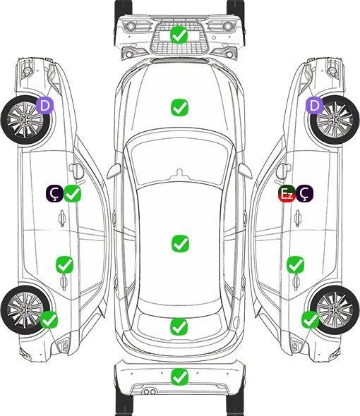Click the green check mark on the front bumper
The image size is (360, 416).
(x=179, y=35)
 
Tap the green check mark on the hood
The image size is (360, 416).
(x=179, y=107)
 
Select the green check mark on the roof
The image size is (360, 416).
(x=180, y=243)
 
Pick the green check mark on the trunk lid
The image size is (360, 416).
(x=179, y=326)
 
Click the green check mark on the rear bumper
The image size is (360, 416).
(x=179, y=377)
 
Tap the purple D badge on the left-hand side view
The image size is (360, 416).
(x=45, y=105)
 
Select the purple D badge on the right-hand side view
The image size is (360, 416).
(x=315, y=105)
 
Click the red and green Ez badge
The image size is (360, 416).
(x=287, y=194)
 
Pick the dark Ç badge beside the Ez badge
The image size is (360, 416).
(x=304, y=193)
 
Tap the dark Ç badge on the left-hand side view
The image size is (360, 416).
(x=55, y=193)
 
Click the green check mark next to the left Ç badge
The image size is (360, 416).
(x=73, y=194)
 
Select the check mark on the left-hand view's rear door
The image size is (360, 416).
(x=64, y=264)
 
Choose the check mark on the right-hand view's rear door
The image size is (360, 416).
(x=295, y=264)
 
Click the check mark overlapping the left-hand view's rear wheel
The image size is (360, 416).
(x=49, y=319)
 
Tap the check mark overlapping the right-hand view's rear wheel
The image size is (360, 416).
(x=311, y=319)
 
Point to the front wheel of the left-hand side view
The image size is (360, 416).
(x=25, y=120)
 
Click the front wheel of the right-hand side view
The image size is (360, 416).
(x=335, y=120)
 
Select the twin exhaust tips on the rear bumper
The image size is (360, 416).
(x=150, y=391)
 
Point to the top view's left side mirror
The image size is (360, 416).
(x=114, y=171)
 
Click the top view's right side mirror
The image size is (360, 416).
(x=245, y=171)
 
